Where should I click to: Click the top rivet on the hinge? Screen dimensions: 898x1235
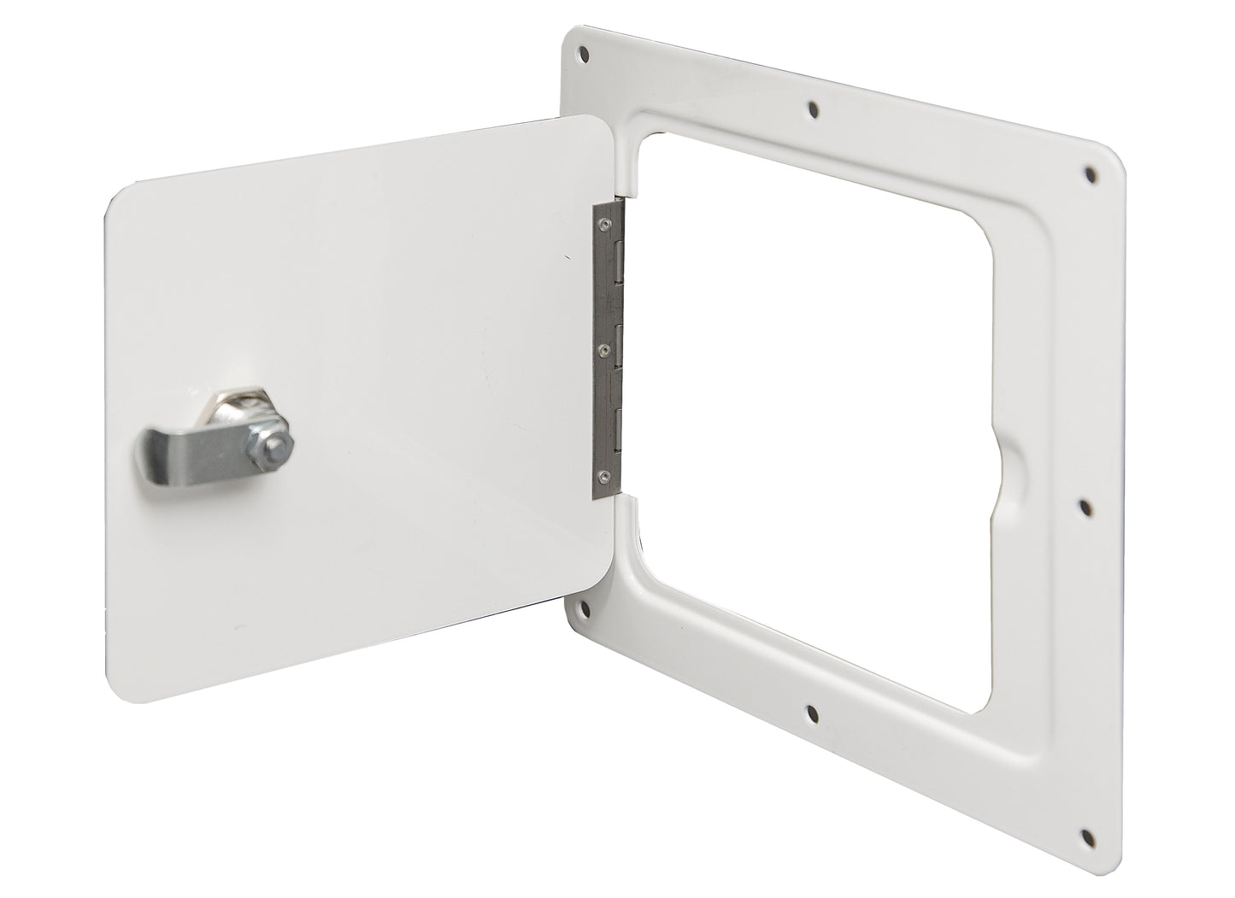click(x=605, y=226)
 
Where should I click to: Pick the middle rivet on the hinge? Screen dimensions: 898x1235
click(x=605, y=349)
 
